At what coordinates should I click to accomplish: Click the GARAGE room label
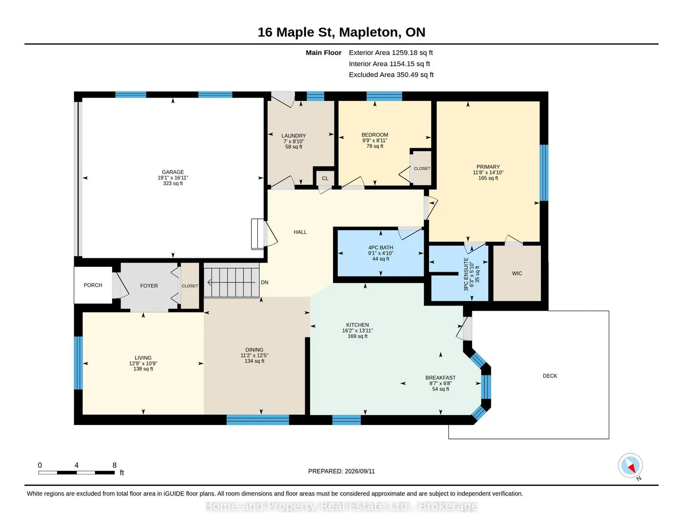[x=172, y=172]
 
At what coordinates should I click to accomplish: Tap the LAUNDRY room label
[x=293, y=136]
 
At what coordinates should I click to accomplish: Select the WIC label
[x=517, y=273]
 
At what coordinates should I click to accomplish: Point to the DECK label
[x=550, y=376]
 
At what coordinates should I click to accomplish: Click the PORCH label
[x=93, y=285]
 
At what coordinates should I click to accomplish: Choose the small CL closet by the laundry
[x=325, y=178]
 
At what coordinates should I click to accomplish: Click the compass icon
[x=630, y=466]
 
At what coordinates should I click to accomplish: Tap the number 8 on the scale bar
[x=114, y=465]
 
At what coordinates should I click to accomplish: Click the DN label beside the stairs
[x=264, y=282]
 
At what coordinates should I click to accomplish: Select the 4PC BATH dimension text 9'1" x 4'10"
[x=380, y=253]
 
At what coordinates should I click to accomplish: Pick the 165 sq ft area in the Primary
[x=488, y=178]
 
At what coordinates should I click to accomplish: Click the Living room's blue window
[x=78, y=363]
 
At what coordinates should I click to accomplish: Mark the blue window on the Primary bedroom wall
[x=544, y=172]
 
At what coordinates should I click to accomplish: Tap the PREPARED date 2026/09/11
[x=360, y=471]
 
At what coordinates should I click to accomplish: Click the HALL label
[x=300, y=232]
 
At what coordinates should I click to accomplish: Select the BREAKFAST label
[x=440, y=377]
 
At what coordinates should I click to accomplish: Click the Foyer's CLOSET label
[x=190, y=286]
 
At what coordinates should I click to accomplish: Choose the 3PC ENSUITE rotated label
[x=466, y=274]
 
